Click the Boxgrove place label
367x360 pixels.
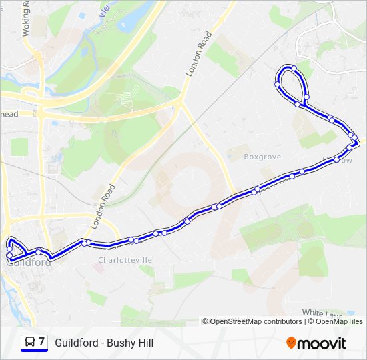click(x=262, y=157)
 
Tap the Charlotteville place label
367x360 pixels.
click(x=125, y=260)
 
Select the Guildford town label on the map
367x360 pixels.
click(x=29, y=263)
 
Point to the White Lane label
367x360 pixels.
click(x=322, y=313)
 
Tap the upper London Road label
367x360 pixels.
click(x=199, y=54)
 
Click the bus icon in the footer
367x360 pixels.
click(x=29, y=343)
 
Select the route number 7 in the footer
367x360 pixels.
click(x=41, y=342)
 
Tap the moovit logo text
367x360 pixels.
click(x=322, y=343)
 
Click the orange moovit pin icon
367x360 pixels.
click(x=291, y=343)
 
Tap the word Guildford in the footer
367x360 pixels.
click(x=75, y=343)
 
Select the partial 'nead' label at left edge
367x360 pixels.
click(x=9, y=114)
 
